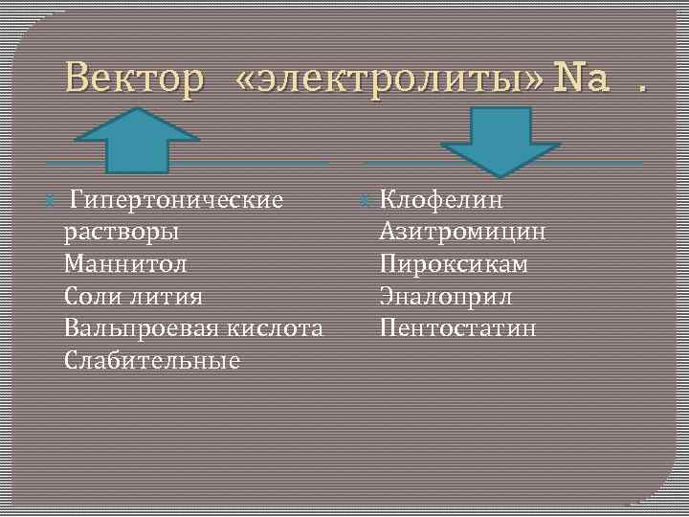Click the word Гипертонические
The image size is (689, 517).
point(177,200)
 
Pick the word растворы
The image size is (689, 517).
point(121,233)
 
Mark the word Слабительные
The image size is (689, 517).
point(151,361)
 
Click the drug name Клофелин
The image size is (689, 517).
point(441,200)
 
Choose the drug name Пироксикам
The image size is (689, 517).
point(453,264)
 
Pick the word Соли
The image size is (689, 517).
point(89,297)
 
